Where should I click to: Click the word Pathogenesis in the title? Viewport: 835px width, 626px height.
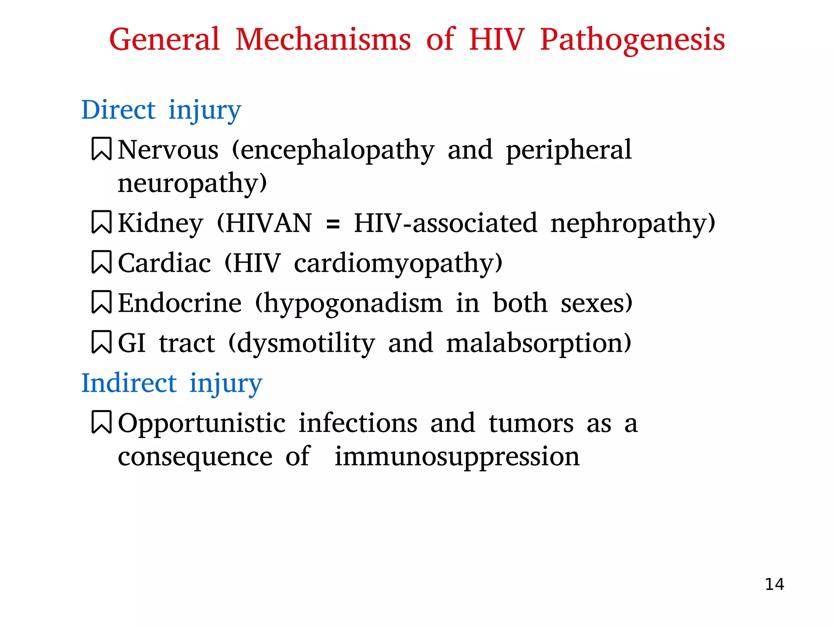[632, 40]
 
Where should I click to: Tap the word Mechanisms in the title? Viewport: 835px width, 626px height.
[323, 40]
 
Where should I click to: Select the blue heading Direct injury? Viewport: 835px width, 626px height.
[161, 110]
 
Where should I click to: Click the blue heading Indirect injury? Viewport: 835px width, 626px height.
[172, 383]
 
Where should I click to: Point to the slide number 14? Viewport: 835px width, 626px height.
[774, 584]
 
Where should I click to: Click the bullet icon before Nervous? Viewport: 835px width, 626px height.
[101, 149]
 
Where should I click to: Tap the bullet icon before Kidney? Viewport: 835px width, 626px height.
[101, 222]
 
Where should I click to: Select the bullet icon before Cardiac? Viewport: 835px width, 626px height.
[101, 262]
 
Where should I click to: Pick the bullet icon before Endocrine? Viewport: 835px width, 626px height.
[101, 302]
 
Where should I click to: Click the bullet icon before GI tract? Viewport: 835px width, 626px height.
[101, 342]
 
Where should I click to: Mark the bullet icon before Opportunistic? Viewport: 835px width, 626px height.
[101, 422]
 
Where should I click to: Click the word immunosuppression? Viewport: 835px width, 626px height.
[457, 457]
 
